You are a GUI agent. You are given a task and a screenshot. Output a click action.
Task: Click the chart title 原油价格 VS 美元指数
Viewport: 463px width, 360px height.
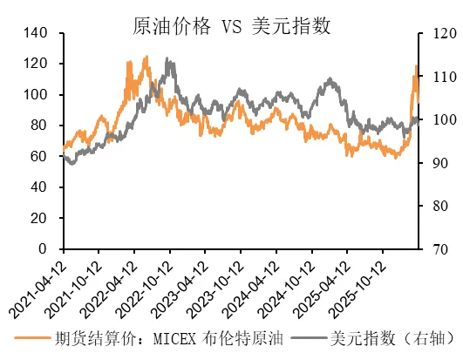coord(231,25)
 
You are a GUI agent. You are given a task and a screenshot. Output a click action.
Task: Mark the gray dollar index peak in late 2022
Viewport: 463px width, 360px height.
coord(167,60)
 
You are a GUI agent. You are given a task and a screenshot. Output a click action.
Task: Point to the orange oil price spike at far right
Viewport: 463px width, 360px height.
coord(416,66)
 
